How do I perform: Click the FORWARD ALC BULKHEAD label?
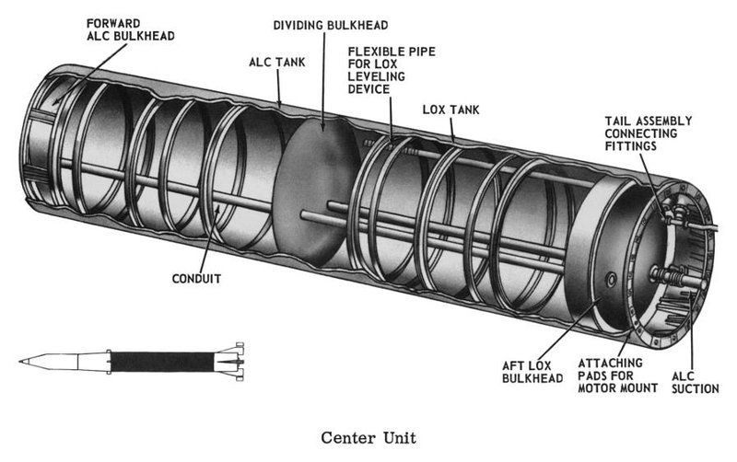point(130,29)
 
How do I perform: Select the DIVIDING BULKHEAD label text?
point(331,25)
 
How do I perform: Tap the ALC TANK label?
point(277,62)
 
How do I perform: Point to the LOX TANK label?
point(450,110)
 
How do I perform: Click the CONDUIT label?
point(196,279)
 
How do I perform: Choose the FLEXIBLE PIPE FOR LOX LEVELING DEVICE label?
point(392,70)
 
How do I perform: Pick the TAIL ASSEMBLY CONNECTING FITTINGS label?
point(649,133)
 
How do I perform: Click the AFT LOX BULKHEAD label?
point(532,372)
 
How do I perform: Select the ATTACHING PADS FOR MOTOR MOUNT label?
point(617,375)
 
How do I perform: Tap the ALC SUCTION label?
point(696,383)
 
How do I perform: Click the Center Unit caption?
point(368,437)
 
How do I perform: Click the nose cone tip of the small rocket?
point(20,362)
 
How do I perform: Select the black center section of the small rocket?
point(162,362)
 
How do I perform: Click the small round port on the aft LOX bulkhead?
point(612,280)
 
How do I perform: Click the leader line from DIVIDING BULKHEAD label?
point(324,81)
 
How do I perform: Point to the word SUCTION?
point(696,388)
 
